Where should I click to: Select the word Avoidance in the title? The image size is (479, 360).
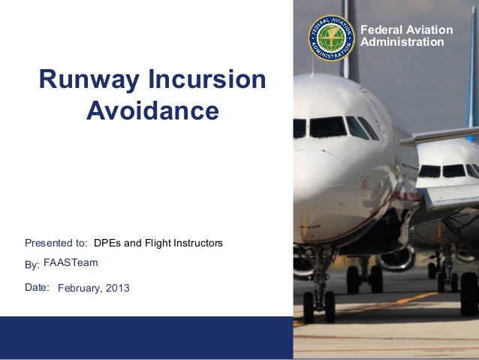(152, 110)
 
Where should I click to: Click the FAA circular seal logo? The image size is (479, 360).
(331, 37)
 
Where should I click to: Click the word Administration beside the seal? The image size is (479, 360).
(402, 42)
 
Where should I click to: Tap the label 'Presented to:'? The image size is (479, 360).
(56, 243)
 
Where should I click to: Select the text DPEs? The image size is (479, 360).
(107, 243)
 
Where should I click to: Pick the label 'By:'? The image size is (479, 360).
(32, 265)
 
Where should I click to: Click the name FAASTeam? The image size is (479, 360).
(71, 262)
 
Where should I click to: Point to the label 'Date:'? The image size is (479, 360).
(37, 286)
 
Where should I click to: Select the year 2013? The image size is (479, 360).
(117, 288)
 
